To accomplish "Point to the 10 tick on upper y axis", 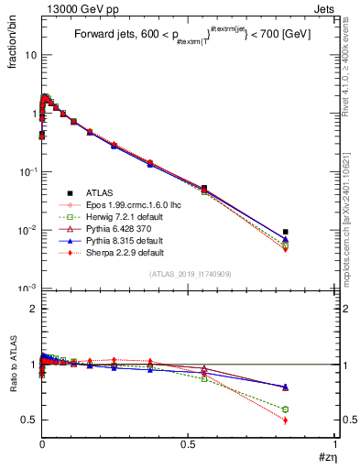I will tap(29, 55).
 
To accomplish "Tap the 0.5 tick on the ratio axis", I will tap(29, 420).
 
